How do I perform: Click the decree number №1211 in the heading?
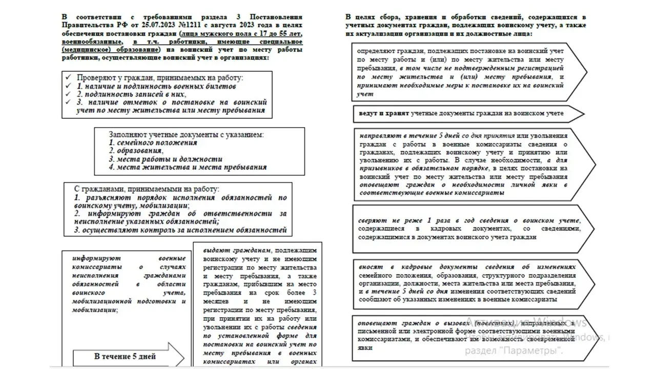(189, 24)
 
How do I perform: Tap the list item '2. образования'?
(136, 151)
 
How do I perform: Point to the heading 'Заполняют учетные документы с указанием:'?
(186, 135)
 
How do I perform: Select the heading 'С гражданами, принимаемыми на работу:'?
(147, 189)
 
